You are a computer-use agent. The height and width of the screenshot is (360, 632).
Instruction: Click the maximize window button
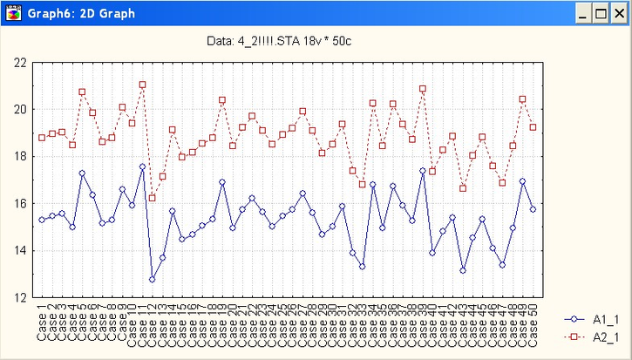(x=601, y=13)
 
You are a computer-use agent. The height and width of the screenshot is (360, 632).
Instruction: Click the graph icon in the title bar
(x=12, y=13)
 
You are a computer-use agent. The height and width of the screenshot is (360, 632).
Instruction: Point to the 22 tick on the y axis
(x=20, y=63)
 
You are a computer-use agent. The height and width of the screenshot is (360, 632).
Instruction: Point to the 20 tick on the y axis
(x=20, y=110)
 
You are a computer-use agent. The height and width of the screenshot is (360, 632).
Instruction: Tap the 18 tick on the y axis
(x=20, y=157)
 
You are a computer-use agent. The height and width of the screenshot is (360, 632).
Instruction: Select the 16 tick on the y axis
(x=20, y=204)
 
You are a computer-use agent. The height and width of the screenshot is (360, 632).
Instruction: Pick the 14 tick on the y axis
(x=20, y=251)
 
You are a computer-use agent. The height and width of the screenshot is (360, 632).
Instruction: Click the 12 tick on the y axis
(x=20, y=298)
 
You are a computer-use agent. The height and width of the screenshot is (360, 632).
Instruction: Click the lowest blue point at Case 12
(x=153, y=280)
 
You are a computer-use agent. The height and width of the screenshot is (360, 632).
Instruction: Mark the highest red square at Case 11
(x=142, y=85)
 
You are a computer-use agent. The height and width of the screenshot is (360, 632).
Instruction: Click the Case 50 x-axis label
(x=533, y=322)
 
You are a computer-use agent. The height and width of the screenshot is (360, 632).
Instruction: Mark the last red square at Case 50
(x=533, y=127)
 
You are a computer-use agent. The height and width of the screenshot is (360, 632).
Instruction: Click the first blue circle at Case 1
(x=42, y=220)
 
